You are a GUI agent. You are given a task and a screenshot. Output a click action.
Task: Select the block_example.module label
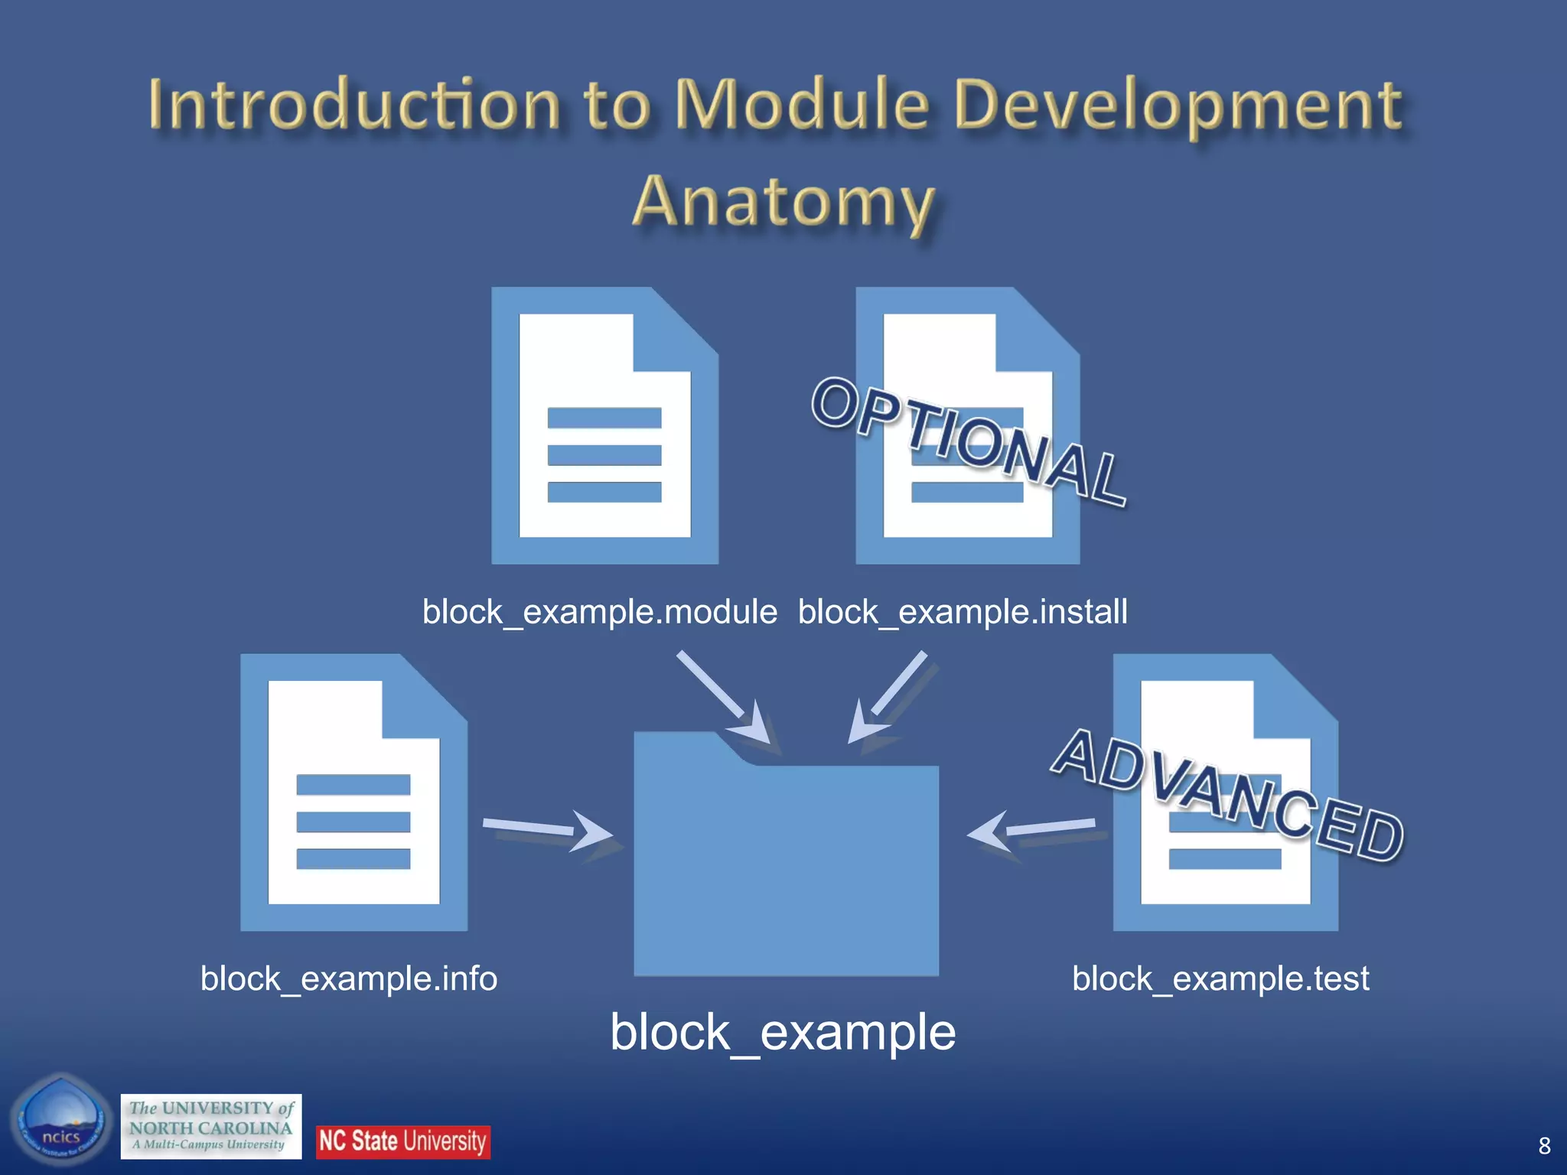[x=599, y=612]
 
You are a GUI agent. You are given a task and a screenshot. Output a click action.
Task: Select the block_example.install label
[x=963, y=612]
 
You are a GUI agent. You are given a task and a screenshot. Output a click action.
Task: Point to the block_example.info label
[x=349, y=978]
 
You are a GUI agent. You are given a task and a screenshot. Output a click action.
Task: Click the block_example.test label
[x=1220, y=978]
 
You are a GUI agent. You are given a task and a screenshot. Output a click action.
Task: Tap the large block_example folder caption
[x=783, y=1032]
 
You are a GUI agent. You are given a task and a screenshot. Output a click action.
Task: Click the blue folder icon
[x=786, y=864]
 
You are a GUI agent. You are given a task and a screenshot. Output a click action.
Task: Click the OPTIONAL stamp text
[x=968, y=442]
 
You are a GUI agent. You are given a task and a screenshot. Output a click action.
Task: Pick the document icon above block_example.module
[x=604, y=426]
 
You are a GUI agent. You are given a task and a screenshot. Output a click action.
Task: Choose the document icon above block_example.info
[x=353, y=793]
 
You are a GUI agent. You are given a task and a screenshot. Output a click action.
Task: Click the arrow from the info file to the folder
[x=546, y=830]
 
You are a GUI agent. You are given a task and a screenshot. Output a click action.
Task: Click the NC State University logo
[x=402, y=1141]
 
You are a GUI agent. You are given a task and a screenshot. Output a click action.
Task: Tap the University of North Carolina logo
[x=211, y=1126]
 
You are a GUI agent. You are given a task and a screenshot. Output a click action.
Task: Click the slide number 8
[x=1544, y=1145]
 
